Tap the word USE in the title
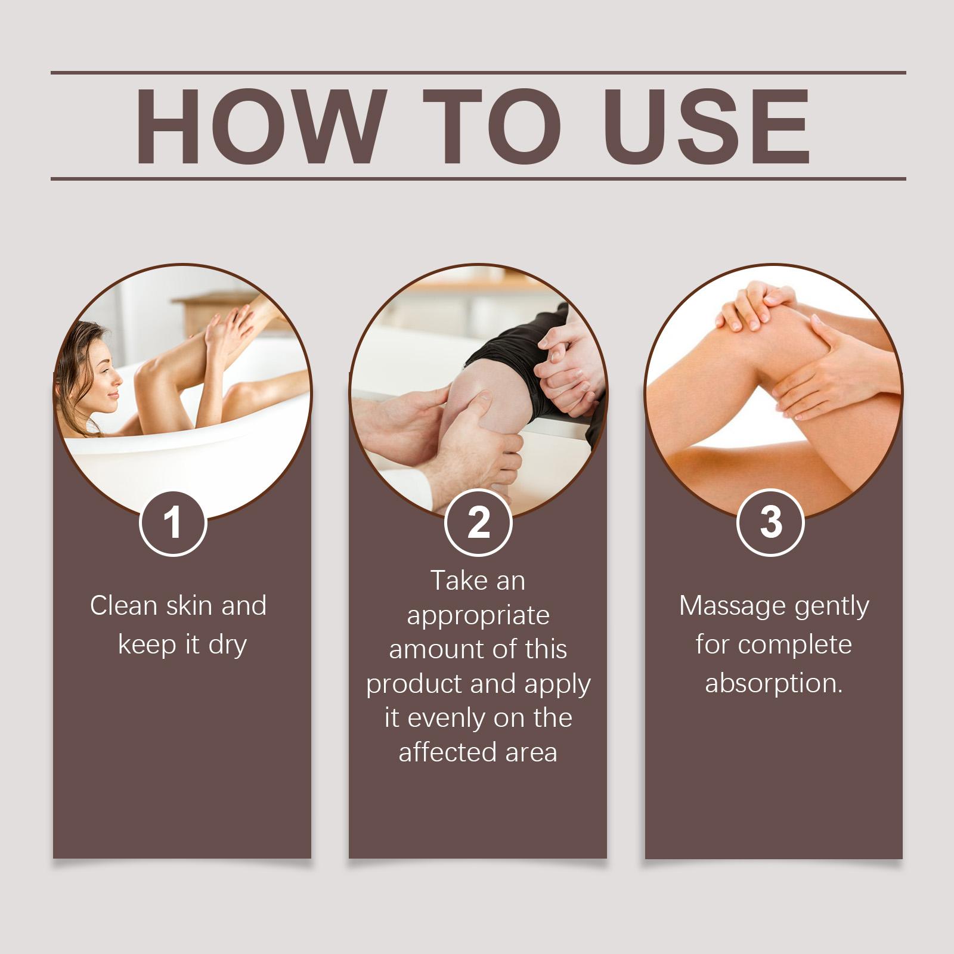710,126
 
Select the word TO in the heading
492,126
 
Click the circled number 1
173,523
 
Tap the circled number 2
478,523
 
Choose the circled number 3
771,523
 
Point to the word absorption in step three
773,683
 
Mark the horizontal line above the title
478,73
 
